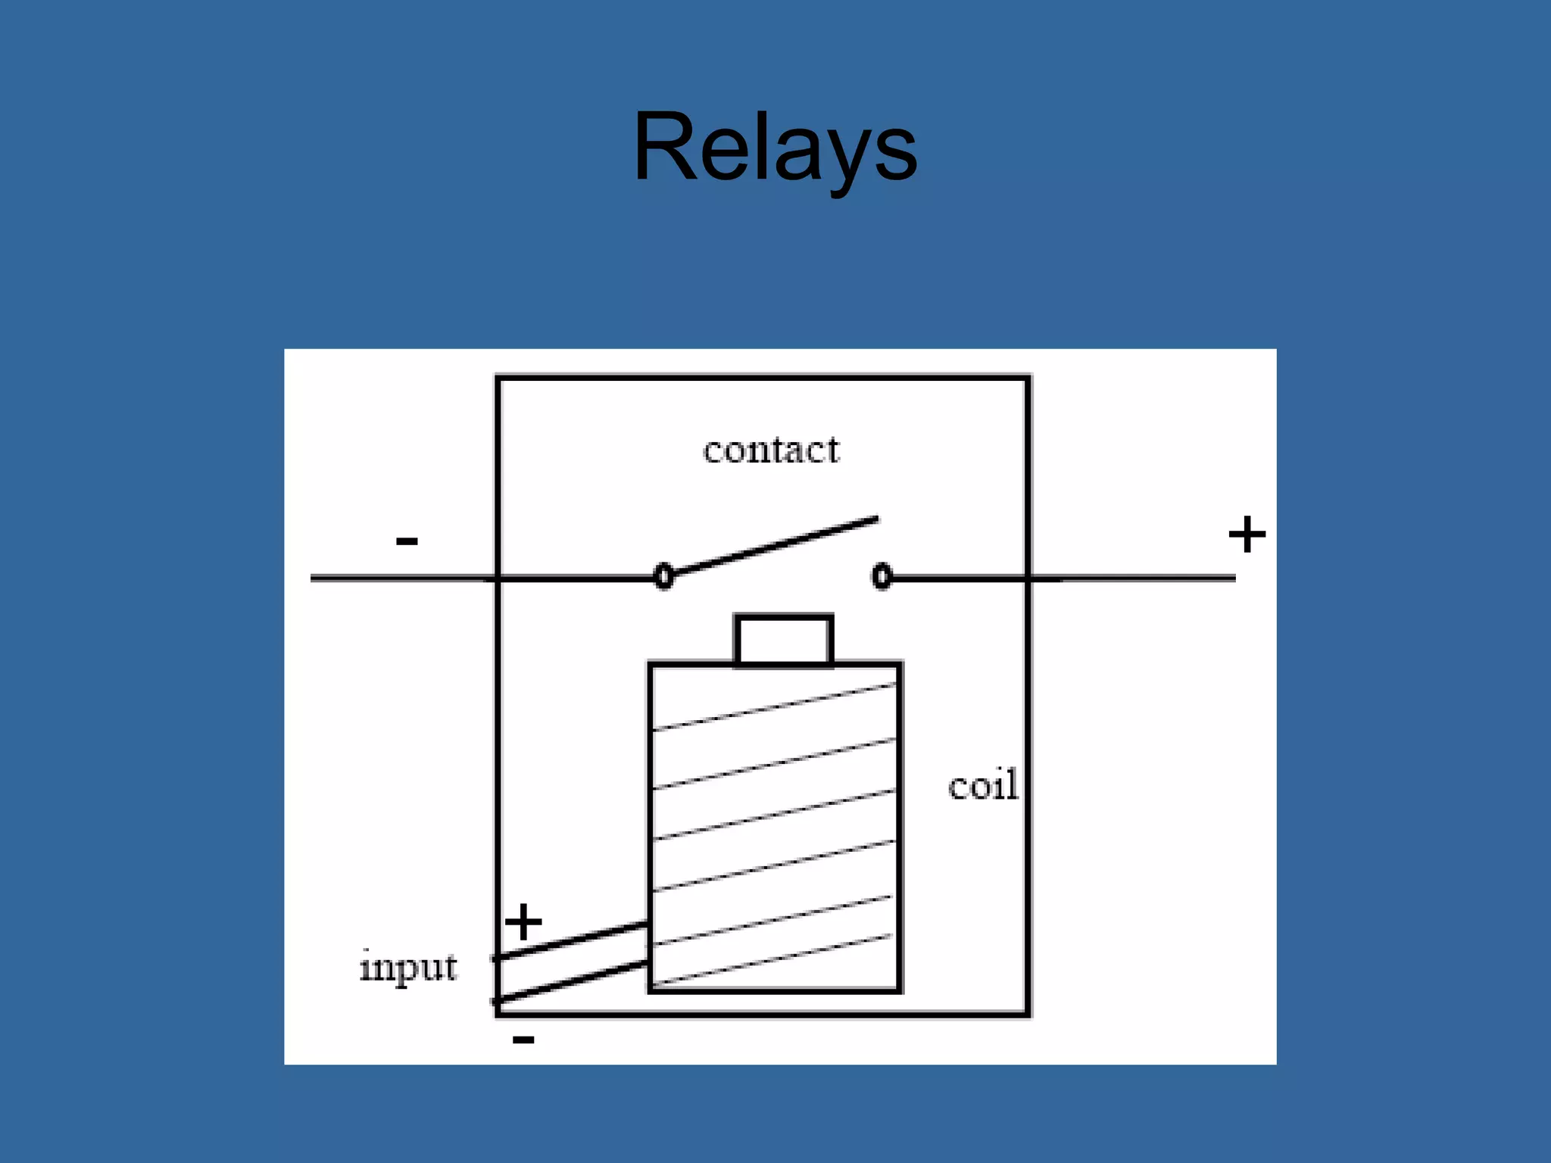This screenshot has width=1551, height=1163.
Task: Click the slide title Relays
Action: (x=775, y=148)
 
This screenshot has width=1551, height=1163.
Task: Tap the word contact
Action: (x=771, y=451)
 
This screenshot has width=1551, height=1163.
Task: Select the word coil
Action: (x=982, y=785)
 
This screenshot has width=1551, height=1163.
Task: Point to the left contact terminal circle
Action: (x=663, y=576)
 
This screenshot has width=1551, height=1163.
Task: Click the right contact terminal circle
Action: (x=882, y=576)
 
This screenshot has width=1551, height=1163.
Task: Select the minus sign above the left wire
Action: (x=407, y=541)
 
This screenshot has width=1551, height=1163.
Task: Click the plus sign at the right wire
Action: (x=1247, y=535)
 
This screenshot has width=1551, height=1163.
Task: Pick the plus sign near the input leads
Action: (x=523, y=922)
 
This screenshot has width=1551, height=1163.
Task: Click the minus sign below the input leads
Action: (x=523, y=1039)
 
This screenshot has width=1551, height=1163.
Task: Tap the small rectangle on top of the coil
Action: (x=784, y=641)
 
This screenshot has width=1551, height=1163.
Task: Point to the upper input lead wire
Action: (x=572, y=941)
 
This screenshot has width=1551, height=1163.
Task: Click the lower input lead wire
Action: (x=572, y=982)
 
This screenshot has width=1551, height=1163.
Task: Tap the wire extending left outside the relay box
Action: (x=401, y=578)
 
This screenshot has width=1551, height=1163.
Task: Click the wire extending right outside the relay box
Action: (x=1136, y=578)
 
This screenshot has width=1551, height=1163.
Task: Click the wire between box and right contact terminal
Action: (x=958, y=578)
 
